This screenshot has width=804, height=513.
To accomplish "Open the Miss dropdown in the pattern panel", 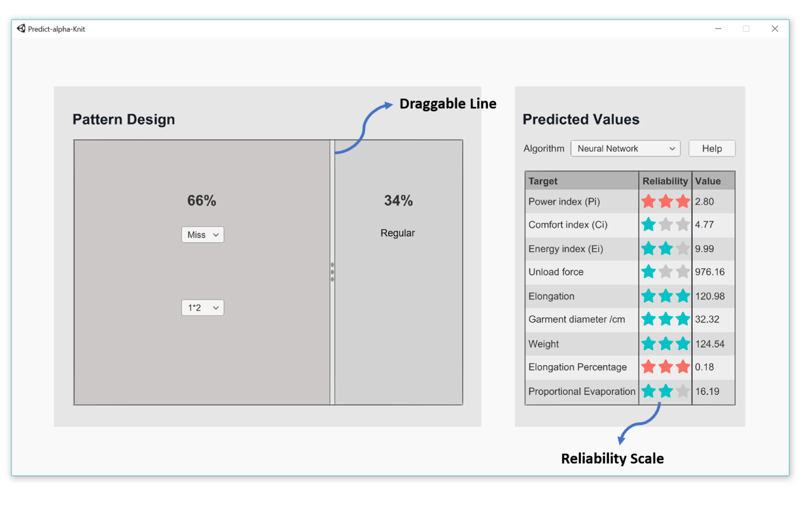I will pyautogui.click(x=203, y=235).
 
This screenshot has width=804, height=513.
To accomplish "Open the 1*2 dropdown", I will pyautogui.click(x=203, y=308).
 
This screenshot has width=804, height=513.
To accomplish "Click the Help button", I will pyautogui.click(x=711, y=149).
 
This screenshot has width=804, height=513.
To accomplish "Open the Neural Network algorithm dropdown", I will pyautogui.click(x=625, y=149).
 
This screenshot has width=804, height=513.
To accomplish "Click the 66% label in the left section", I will pyautogui.click(x=202, y=201).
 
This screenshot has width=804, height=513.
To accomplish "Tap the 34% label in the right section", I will pyautogui.click(x=398, y=201).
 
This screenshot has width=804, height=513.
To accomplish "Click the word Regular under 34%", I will pyautogui.click(x=398, y=233).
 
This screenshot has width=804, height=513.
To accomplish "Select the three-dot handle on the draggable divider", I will pyautogui.click(x=332, y=272).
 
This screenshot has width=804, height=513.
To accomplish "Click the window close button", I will pyautogui.click(x=775, y=29).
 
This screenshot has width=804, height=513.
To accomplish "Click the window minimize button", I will pyautogui.click(x=718, y=29).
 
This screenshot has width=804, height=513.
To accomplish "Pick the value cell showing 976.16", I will pyautogui.click(x=710, y=272).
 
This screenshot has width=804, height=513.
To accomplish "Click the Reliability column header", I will pyautogui.click(x=665, y=181).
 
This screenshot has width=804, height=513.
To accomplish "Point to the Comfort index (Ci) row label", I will pyautogui.click(x=568, y=224).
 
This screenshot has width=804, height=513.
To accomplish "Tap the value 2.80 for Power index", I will pyautogui.click(x=704, y=201).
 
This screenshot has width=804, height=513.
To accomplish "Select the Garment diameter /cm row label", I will pyautogui.click(x=577, y=319).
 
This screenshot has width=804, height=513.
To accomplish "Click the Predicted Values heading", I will pyautogui.click(x=581, y=120).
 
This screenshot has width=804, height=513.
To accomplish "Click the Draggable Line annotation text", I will pyautogui.click(x=448, y=104).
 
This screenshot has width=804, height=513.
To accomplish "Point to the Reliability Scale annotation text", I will pyautogui.click(x=612, y=458).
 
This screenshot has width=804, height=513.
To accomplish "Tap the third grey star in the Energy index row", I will pyautogui.click(x=683, y=248).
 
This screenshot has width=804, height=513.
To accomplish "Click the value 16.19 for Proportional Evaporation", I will pyautogui.click(x=707, y=391).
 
